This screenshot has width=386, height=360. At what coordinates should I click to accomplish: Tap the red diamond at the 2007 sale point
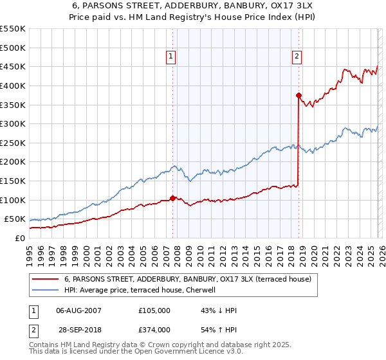click(172, 198)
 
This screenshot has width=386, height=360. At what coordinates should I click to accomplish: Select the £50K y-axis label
click(15, 219)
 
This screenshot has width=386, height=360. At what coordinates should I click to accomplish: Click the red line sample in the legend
click(45, 279)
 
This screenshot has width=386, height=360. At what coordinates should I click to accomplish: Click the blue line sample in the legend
click(45, 290)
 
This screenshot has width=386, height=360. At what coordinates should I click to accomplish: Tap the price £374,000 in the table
click(154, 329)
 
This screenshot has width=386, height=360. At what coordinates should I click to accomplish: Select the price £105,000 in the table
click(154, 310)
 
